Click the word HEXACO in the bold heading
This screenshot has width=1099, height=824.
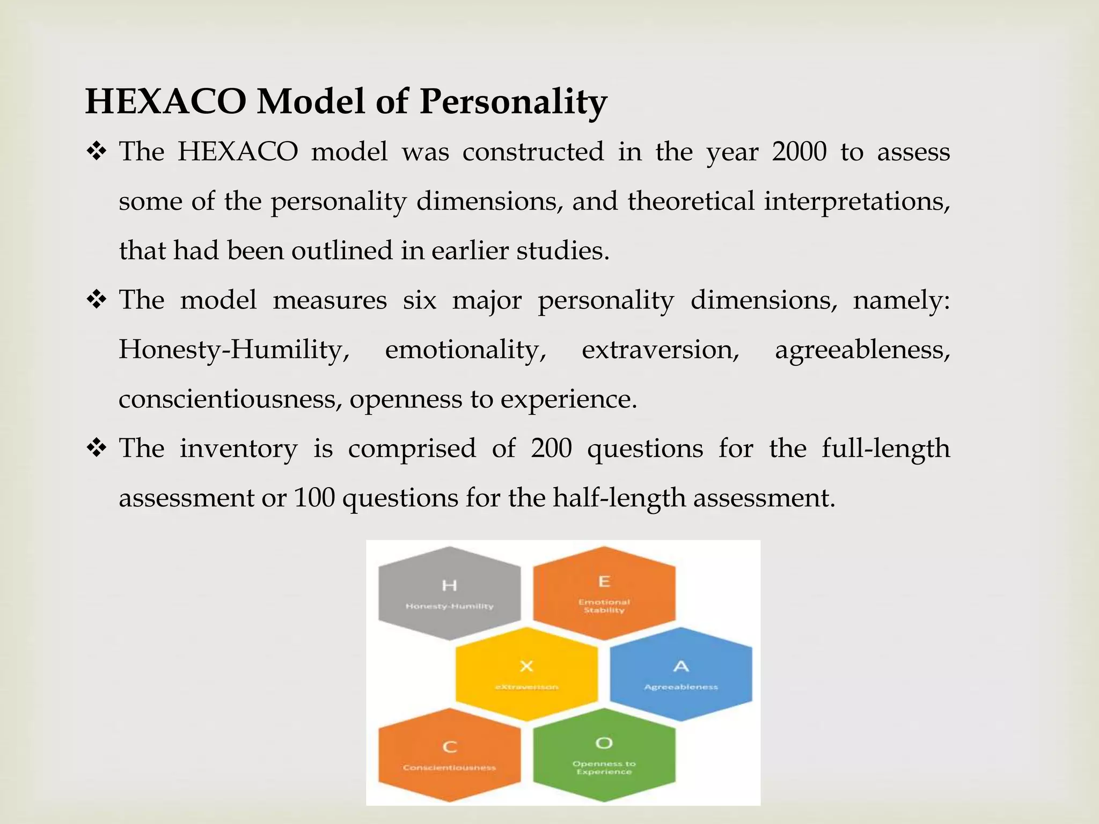point(165,101)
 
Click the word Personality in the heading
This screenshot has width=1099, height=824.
point(512,101)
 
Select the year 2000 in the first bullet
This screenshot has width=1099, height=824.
point(799,152)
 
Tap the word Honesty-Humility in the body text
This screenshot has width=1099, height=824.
point(234,350)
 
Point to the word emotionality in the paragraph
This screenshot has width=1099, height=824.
point(465,350)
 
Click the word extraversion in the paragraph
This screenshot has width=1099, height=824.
point(660,350)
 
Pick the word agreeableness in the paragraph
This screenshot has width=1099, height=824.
point(862,350)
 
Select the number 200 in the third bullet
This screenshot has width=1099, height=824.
point(551,448)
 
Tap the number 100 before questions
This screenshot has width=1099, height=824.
point(314,498)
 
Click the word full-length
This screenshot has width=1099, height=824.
point(885,448)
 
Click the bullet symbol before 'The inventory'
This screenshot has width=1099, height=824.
point(97,448)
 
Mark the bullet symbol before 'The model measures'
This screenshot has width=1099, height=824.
point(97,300)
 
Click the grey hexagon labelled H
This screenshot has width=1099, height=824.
point(449,593)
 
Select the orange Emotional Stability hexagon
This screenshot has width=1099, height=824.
point(604,593)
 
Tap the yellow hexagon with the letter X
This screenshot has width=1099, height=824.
point(526,674)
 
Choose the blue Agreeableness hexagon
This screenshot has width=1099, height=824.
point(681,674)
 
